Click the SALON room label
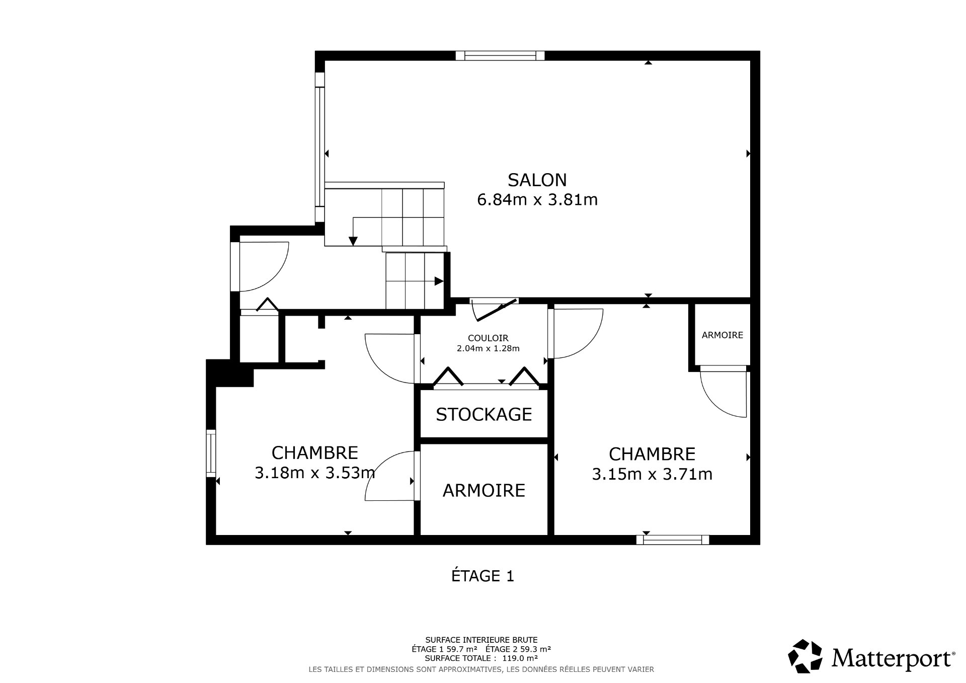537,180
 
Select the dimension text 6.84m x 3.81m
537,200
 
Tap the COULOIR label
488,338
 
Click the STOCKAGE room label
484,414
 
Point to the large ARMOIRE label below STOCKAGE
484,490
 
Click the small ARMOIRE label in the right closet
722,335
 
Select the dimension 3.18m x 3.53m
315,473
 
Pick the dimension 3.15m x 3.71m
652,474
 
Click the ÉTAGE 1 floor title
482,576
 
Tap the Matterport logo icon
805,656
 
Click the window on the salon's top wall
500,55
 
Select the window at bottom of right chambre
672,540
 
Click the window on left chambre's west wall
211,453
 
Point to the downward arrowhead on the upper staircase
353,241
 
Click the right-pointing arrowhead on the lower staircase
439,281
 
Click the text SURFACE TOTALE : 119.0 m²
481,658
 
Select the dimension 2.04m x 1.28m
488,348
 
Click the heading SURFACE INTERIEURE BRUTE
481,640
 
